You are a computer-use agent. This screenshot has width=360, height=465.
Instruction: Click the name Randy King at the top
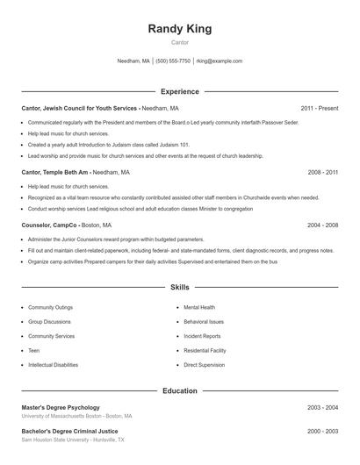pyautogui.click(x=180, y=29)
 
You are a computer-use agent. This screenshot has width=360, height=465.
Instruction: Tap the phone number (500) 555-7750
pyautogui.click(x=174, y=61)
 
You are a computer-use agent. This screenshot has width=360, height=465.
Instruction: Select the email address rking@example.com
pyautogui.click(x=220, y=61)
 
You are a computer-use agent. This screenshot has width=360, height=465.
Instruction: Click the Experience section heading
pyautogui.click(x=180, y=91)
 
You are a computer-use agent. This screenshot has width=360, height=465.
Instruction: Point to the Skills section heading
pyautogui.click(x=180, y=287)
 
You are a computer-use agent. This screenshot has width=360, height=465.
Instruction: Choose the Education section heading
pyautogui.click(x=180, y=390)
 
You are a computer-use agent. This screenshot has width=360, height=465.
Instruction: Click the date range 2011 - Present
pyautogui.click(x=319, y=108)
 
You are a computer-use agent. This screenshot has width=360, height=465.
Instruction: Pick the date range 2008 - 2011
pyautogui.click(x=322, y=173)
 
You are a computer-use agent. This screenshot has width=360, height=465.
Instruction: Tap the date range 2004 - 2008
pyautogui.click(x=322, y=225)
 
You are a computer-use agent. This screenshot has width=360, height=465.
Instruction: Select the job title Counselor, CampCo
pyautogui.click(x=50, y=225)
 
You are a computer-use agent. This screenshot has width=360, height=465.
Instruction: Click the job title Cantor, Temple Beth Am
pyautogui.click(x=54, y=173)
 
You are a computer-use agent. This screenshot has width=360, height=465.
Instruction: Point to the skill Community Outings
pyautogui.click(x=50, y=308)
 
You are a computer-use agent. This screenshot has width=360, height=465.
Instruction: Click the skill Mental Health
pyautogui.click(x=199, y=308)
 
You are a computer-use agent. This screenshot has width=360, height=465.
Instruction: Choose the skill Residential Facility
pyautogui.click(x=205, y=350)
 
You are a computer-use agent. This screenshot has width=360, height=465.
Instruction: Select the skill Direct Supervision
pyautogui.click(x=204, y=364)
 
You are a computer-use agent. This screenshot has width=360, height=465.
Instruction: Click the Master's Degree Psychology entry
pyautogui.click(x=61, y=407)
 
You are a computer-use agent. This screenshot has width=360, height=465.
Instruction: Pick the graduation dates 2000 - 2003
pyautogui.click(x=322, y=431)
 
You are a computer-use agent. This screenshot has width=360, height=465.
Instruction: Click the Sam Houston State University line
pyautogui.click(x=73, y=440)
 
